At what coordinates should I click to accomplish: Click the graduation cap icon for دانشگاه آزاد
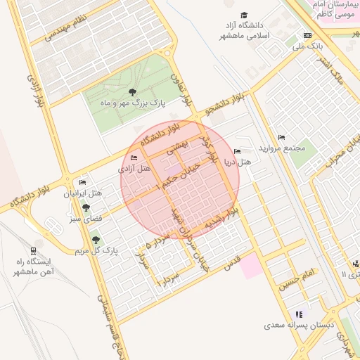click(244, 15)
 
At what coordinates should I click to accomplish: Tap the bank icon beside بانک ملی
click(307, 36)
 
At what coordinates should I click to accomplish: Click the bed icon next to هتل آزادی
click(134, 157)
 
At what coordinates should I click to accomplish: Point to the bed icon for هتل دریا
click(237, 152)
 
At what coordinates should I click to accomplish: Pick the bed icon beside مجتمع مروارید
click(282, 137)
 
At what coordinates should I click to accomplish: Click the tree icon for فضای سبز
click(86, 207)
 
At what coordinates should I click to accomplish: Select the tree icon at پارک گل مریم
click(96, 240)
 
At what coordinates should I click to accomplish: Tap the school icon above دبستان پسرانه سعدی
click(299, 314)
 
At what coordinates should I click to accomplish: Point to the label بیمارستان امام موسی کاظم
click(332, 9)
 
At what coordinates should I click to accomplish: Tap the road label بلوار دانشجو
click(223, 105)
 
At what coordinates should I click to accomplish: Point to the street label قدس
click(231, 263)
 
